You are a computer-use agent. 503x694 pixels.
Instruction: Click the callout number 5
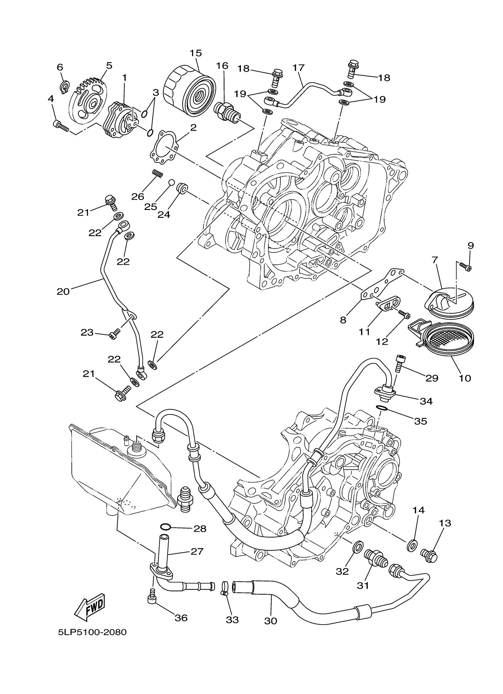point(109,65)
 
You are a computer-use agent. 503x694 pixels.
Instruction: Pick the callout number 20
point(63,292)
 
